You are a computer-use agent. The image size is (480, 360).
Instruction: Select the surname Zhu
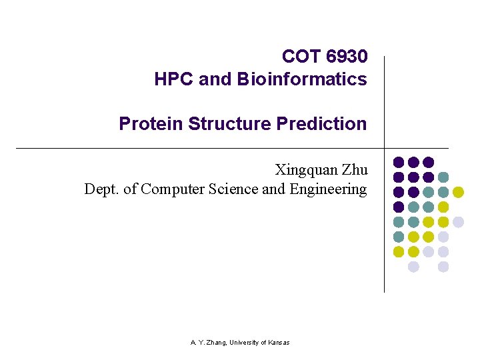click(x=353, y=170)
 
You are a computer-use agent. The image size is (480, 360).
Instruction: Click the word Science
click(x=233, y=189)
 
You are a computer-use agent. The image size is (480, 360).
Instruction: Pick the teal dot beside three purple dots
click(x=443, y=177)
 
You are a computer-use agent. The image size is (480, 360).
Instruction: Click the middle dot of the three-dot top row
click(x=413, y=162)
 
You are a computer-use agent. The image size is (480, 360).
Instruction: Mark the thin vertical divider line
click(x=385, y=220)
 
